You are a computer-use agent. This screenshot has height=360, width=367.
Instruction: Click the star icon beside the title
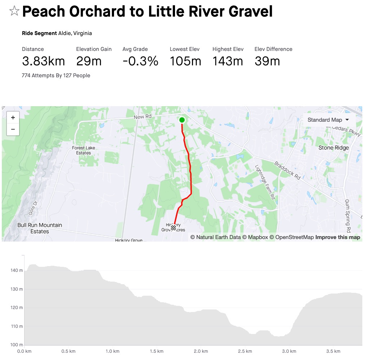pos(14,11)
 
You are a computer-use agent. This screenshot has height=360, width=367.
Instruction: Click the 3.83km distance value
pos(43,61)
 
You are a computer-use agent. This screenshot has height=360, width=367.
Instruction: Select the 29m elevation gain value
pos(89,61)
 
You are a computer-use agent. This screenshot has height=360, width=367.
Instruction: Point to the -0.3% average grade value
pos(140,61)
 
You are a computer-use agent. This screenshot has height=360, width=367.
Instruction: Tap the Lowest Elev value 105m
pos(185,61)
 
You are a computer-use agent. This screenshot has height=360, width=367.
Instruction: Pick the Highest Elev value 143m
pos(228,61)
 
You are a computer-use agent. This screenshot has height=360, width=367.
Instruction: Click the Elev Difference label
pos(273,49)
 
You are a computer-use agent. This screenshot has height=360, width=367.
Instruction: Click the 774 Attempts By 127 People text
pos(56,75)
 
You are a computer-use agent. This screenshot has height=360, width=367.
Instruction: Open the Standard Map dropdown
pos(328,120)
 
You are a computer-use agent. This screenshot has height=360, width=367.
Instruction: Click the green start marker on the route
pos(182,120)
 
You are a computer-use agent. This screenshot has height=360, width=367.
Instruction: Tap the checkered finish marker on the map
pos(174,227)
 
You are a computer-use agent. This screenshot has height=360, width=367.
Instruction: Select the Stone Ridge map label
pos(333,148)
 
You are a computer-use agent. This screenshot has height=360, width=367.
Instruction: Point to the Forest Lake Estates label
pos(83,150)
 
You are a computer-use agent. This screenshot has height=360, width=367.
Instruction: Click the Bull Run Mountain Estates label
pos(40,228)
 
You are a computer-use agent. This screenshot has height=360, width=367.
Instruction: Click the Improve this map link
pos(337,237)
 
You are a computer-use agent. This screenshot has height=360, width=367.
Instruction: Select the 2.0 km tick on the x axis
pos(200,351)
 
